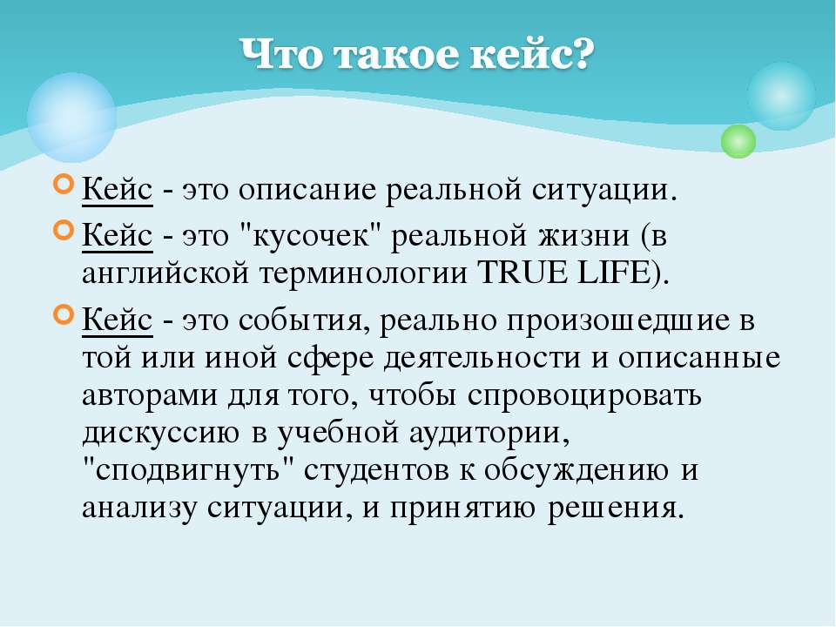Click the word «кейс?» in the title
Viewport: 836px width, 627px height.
pos(532,54)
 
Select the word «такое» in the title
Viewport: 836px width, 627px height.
pos(396,55)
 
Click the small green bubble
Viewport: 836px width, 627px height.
pos(738,141)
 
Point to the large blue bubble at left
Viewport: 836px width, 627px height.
pos(72,118)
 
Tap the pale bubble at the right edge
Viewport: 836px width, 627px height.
pos(782,96)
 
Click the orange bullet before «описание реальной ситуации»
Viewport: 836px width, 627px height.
pos(64,185)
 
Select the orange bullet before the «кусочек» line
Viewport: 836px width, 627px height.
pos(64,230)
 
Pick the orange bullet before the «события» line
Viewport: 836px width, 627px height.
pos(64,315)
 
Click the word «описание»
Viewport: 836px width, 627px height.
pos(307,190)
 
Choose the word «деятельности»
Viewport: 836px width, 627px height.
pos(482,358)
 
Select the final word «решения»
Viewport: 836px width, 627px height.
pos(616,508)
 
